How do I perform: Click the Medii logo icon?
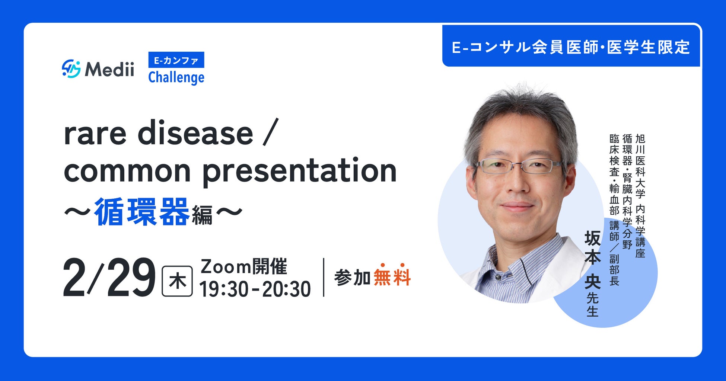(71, 68)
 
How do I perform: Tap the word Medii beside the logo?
(109, 69)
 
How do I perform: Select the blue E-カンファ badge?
(176, 60)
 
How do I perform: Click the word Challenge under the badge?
(176, 78)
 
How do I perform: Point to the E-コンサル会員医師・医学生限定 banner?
(571, 47)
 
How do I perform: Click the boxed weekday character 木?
(177, 281)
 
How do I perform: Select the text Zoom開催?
(244, 266)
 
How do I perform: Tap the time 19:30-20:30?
(255, 289)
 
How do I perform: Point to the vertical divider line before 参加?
(324, 277)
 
